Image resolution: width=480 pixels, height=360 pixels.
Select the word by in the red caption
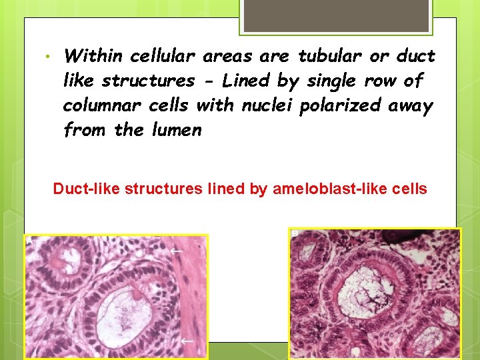[259, 189]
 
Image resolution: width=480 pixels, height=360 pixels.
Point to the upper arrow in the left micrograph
[176, 251]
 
